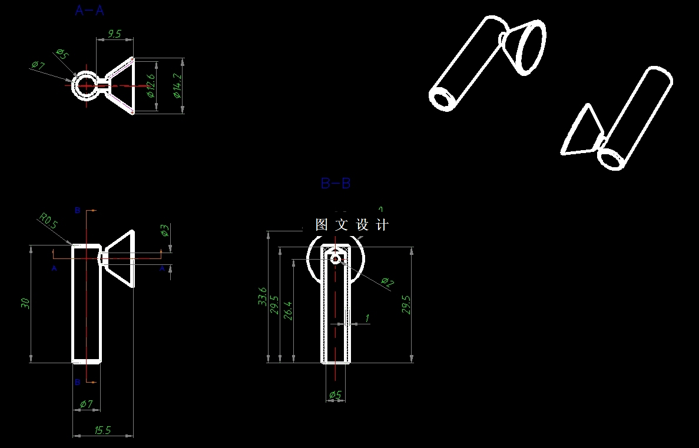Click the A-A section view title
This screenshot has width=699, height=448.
(90, 10)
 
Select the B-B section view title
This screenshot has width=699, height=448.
(336, 183)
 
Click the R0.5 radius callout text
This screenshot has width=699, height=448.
(48, 221)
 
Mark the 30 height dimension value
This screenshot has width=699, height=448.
(25, 303)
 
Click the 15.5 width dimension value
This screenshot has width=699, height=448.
(102, 430)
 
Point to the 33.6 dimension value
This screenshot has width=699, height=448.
(263, 296)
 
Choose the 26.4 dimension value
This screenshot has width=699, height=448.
(288, 310)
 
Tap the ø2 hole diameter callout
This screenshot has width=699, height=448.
(387, 283)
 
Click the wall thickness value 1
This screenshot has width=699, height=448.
(367, 318)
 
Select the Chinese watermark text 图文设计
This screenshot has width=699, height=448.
(352, 224)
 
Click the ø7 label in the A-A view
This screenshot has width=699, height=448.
(38, 65)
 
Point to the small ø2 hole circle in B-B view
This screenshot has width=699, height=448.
(336, 259)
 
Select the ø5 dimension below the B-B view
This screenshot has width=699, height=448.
(335, 394)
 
